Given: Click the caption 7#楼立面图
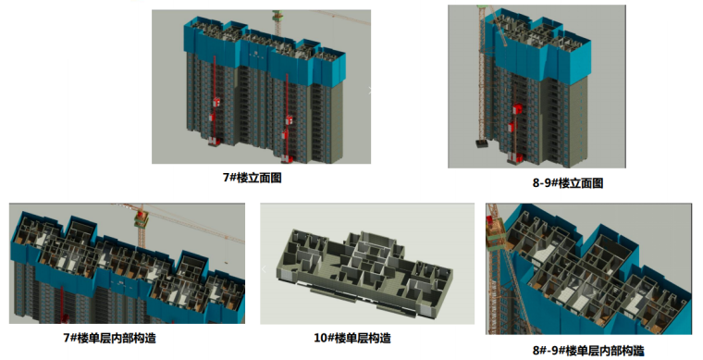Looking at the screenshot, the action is tap(253, 178).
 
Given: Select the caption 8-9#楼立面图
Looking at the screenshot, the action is tap(568, 183).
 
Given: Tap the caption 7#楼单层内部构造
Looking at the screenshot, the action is tap(109, 338).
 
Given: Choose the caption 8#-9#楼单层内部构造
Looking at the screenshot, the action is tap(588, 350).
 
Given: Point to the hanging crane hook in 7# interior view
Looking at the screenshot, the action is tap(226, 262).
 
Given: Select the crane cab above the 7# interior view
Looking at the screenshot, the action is tap(142, 217).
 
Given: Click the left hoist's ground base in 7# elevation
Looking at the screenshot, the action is tap(214, 143).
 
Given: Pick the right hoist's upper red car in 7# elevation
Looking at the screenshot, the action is tap(290, 120).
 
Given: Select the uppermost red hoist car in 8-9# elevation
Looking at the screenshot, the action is tap(517, 109).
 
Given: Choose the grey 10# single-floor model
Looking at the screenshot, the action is tap(365, 271).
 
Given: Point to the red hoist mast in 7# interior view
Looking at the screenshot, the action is tap(62, 304).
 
